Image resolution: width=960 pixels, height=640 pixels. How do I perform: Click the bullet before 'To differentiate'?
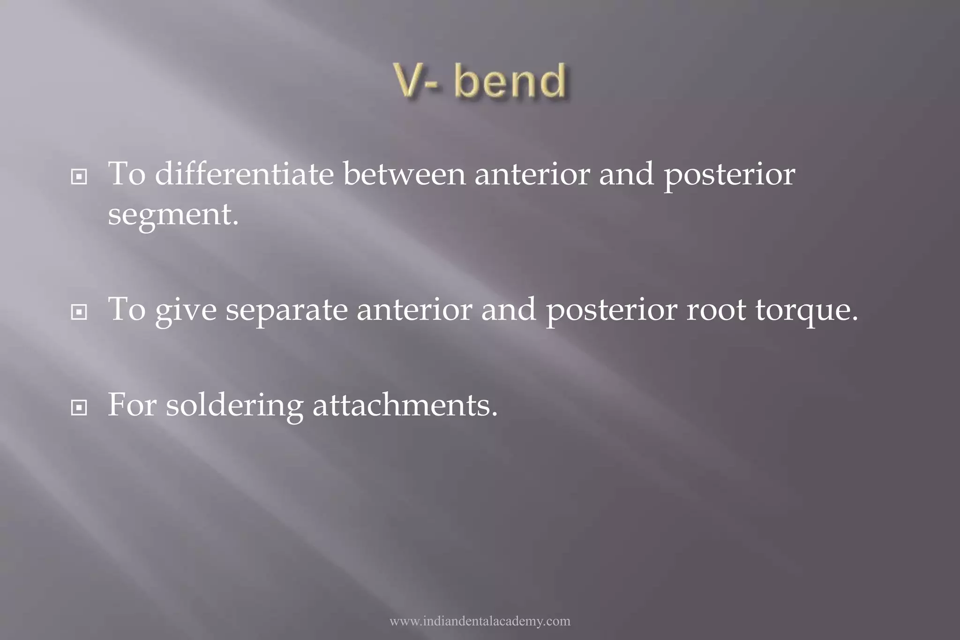[x=79, y=177]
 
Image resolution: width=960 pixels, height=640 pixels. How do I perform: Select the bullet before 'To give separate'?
[x=79, y=312]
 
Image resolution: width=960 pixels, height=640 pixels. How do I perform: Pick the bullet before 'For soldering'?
[x=79, y=408]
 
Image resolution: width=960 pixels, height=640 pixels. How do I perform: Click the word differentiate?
[x=244, y=174]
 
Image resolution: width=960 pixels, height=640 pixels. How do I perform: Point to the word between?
[x=405, y=174]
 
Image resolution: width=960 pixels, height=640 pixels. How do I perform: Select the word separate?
[x=287, y=311]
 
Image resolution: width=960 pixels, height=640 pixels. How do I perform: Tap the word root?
[x=716, y=310]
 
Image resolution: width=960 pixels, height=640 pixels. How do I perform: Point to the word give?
[x=186, y=311]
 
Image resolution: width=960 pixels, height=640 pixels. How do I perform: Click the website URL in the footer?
[x=480, y=621]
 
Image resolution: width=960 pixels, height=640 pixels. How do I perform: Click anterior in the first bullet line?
[x=532, y=174]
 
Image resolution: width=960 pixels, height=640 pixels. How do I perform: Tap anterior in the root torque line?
[x=414, y=310]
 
